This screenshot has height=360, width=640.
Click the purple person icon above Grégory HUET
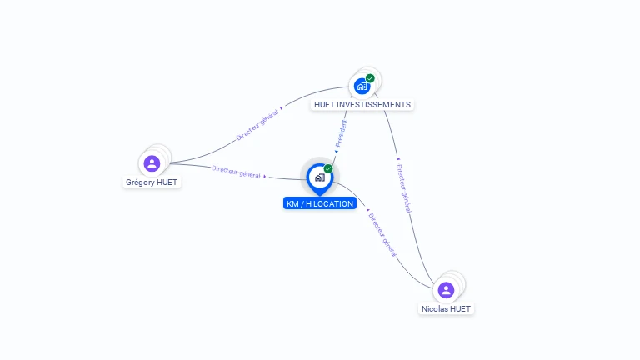tap(152, 163)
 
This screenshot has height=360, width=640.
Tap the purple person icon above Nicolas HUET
tap(446, 290)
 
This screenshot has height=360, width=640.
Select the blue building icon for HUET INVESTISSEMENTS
tap(362, 86)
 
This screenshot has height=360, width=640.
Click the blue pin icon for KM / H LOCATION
tap(319, 177)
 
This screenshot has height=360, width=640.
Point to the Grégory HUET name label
tap(152, 182)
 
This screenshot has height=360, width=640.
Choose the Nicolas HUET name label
tap(446, 308)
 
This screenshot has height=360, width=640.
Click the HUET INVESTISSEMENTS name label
tap(362, 105)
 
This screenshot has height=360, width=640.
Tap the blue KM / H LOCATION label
tap(320, 203)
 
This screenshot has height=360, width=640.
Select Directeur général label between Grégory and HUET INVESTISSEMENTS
tap(257, 124)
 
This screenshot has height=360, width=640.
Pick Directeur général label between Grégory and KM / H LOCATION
tap(236, 172)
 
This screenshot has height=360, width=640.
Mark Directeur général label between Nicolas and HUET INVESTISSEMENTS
tap(402, 188)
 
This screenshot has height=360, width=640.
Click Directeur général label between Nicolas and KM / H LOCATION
tap(382, 234)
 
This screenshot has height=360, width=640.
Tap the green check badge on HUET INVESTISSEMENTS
tap(370, 78)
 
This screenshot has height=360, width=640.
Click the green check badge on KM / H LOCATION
tap(328, 168)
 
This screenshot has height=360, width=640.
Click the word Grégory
tap(140, 182)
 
